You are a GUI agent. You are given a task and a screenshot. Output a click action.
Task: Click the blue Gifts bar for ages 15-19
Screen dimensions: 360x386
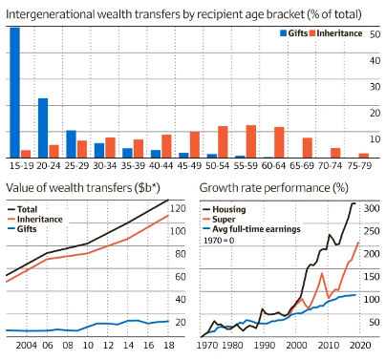(14, 92)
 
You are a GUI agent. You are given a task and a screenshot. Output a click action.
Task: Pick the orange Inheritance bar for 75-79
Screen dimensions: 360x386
(364, 155)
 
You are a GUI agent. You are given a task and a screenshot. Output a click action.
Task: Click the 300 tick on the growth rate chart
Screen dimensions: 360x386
(373, 207)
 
